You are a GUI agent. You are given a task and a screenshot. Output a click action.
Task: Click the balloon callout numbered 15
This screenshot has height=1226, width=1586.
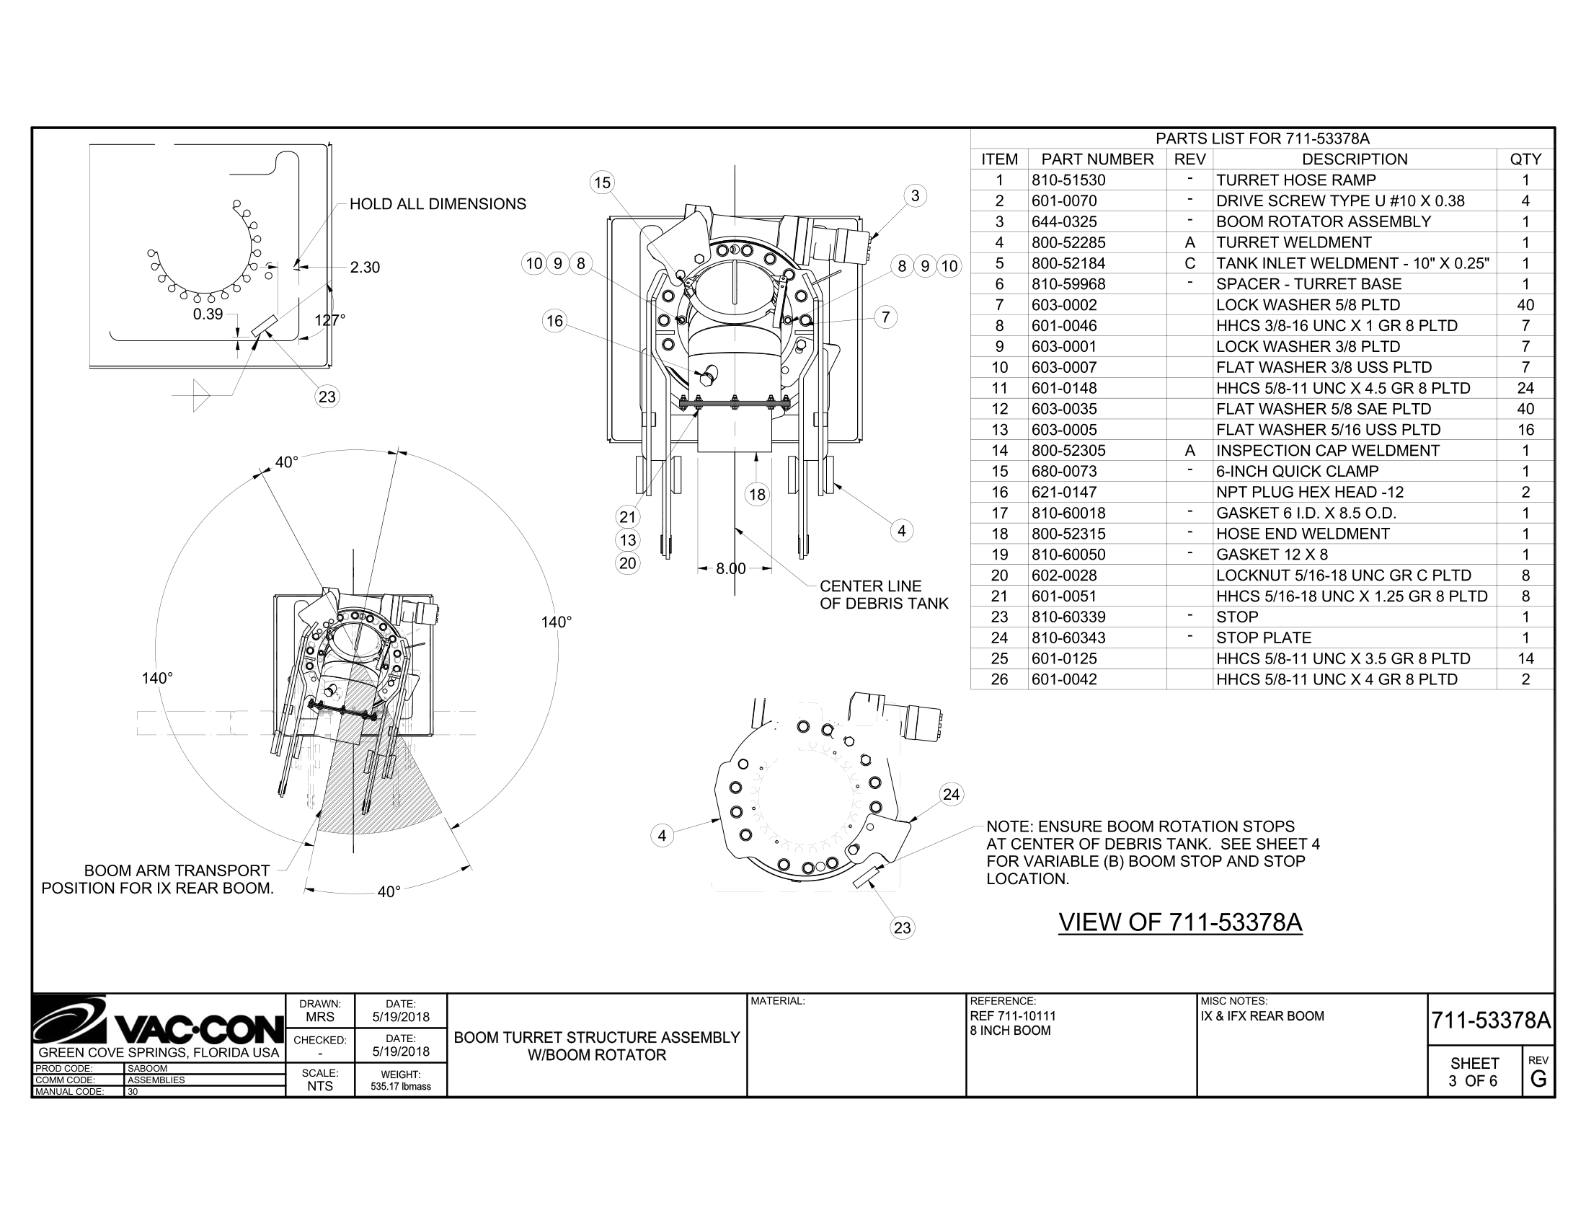pos(602,182)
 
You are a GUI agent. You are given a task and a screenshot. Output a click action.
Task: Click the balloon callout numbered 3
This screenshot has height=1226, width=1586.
pos(915,195)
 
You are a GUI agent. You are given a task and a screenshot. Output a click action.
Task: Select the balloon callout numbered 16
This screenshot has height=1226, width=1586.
pos(555,321)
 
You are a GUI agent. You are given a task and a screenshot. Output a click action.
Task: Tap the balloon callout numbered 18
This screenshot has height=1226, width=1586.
pos(757,495)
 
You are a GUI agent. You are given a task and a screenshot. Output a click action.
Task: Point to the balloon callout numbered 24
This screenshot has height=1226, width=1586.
pos(951,794)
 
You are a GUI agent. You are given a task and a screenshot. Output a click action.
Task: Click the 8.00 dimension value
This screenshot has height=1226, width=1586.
pos(730,569)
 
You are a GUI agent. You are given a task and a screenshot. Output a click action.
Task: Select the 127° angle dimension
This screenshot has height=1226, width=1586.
pos(329,320)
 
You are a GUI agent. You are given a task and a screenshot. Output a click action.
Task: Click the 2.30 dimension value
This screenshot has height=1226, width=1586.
pos(365,268)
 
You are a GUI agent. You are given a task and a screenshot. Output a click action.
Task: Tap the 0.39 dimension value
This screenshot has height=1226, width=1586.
pos(208,314)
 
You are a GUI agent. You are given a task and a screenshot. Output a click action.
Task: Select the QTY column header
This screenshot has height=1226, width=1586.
pos(1525,159)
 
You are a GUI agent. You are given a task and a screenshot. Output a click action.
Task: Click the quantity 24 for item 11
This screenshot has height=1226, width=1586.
pos(1525,388)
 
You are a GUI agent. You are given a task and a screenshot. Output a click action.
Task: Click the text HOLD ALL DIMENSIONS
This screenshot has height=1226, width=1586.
pos(438,204)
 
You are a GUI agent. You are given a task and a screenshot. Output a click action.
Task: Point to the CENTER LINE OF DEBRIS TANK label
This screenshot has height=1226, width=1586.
pos(883,595)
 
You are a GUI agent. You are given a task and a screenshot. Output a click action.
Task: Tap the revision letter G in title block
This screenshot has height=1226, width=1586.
pos(1538,1080)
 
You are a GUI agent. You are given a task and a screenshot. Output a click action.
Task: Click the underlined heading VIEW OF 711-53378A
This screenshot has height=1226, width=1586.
pos(1180,922)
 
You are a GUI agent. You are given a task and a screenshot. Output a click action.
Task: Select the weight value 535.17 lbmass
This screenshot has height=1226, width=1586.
pos(400,1087)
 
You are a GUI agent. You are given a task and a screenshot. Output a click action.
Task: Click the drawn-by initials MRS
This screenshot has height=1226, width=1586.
pos(319,1018)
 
